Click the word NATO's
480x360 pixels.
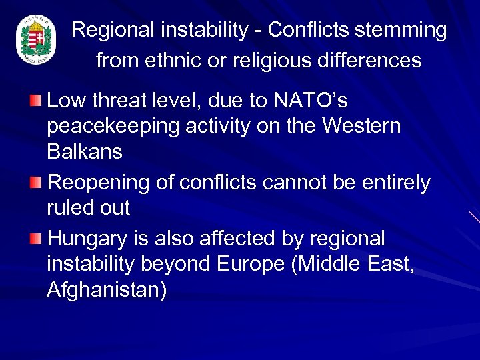tap(310, 101)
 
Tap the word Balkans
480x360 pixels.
tap(85, 152)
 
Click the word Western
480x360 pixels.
tap(358, 127)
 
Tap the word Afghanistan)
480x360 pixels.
tap(107, 289)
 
